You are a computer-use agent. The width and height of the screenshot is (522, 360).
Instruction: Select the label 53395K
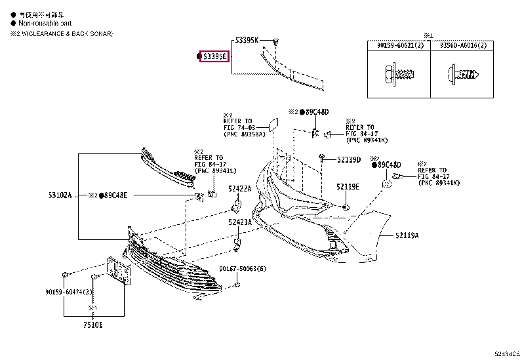(x=248, y=41)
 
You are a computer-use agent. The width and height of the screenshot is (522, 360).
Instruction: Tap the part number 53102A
(x=60, y=195)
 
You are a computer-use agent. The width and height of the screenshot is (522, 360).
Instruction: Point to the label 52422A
(x=239, y=189)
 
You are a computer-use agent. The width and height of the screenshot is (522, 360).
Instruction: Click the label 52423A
(x=239, y=222)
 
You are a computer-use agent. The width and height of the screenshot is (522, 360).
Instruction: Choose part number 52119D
(x=349, y=159)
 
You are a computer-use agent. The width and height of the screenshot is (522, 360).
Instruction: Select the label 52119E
(x=348, y=187)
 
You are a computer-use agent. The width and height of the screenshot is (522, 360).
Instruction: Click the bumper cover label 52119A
(x=407, y=235)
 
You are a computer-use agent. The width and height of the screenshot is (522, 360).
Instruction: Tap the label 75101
(x=92, y=323)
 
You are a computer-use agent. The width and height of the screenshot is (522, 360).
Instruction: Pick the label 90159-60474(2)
(x=68, y=291)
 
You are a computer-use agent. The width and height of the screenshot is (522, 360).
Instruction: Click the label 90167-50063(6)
(x=243, y=269)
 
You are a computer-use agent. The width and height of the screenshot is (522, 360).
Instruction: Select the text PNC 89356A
(x=244, y=134)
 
